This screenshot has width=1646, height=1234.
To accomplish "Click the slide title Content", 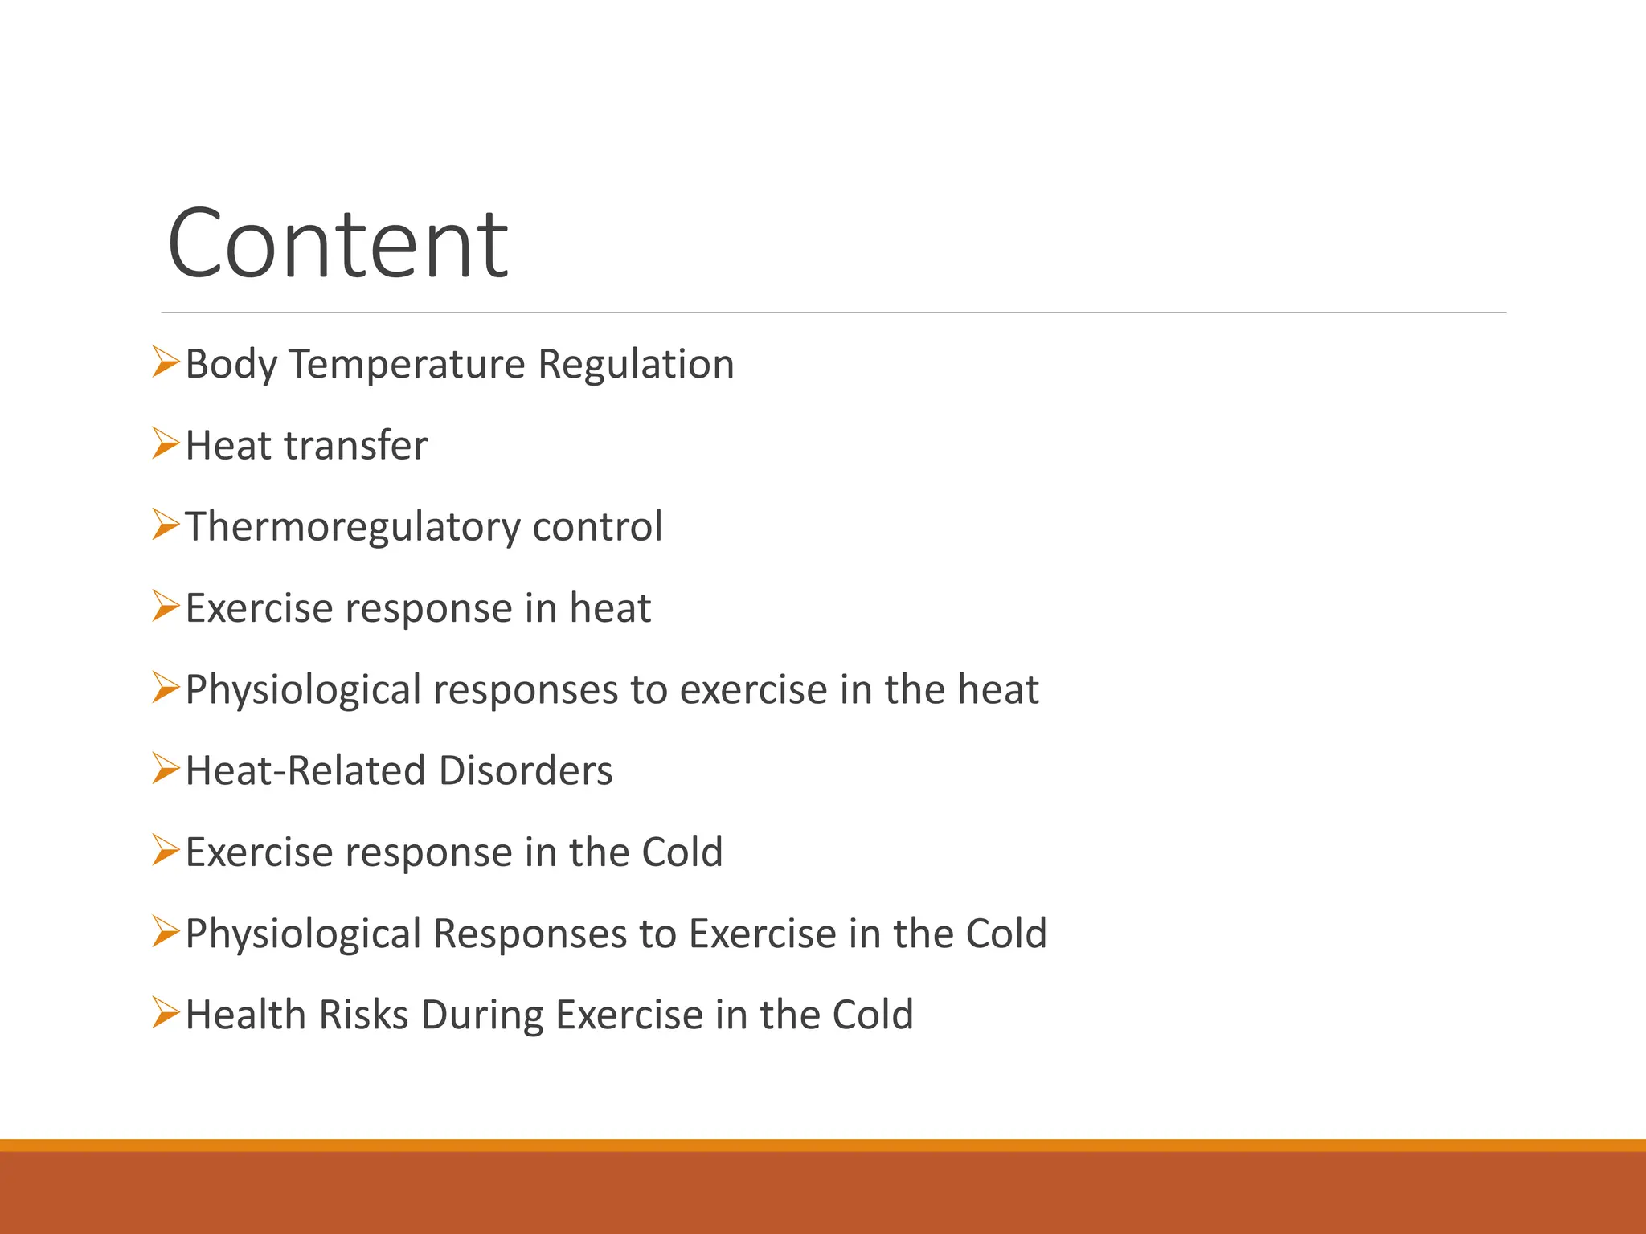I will (338, 243).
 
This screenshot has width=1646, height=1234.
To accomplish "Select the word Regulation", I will (636, 364).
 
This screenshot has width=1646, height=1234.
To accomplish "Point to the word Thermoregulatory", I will (353, 528).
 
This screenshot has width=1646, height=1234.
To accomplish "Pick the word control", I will (597, 527).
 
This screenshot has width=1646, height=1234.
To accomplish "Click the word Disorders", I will (526, 770).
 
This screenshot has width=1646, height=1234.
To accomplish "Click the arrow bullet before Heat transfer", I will (165, 443).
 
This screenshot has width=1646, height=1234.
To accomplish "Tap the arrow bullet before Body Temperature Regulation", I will (165, 362).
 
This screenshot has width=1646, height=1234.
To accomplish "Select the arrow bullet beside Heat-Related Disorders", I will (165, 769).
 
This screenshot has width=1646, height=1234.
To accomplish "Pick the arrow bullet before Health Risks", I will (165, 1013).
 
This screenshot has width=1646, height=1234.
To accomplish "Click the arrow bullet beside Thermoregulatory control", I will (165, 525).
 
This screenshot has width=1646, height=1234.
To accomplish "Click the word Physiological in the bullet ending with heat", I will (303, 690).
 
